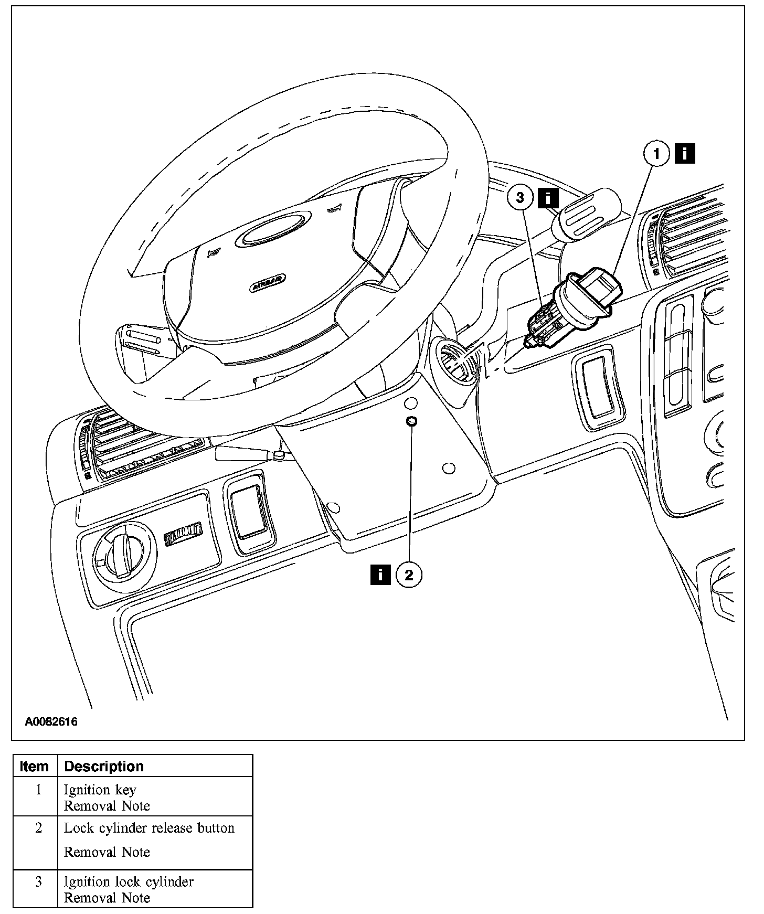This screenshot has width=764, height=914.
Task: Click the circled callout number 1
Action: [x=656, y=154]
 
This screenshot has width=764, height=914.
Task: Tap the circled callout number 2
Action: [x=409, y=575]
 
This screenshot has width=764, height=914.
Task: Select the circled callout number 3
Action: [x=520, y=197]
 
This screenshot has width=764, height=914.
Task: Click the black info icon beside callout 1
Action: [x=684, y=154]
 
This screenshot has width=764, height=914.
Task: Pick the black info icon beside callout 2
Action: [x=380, y=575]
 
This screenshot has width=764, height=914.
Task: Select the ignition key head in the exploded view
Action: [x=601, y=285]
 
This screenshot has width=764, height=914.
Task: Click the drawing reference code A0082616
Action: [x=51, y=721]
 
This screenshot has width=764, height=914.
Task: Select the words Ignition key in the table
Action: [x=100, y=790]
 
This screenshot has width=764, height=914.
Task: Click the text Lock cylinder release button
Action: [x=149, y=828]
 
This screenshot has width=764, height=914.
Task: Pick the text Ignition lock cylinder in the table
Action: [x=129, y=881]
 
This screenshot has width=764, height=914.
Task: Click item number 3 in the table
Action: [x=38, y=881]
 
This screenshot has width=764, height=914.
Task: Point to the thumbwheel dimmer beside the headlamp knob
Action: [x=183, y=534]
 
